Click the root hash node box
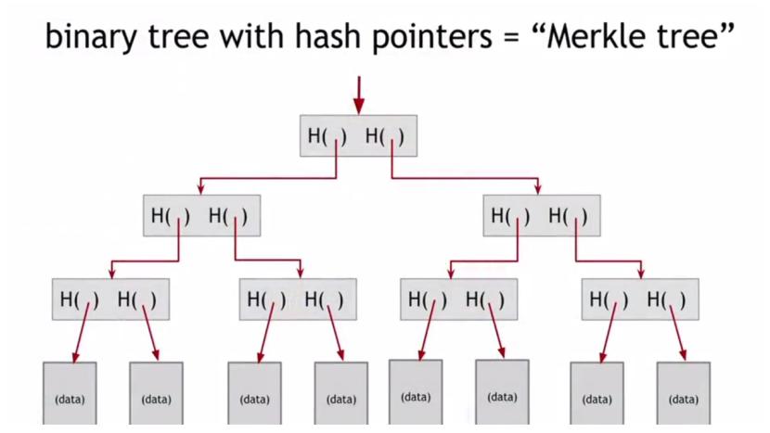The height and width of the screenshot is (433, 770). click(x=357, y=136)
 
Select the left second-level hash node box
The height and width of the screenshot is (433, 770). click(x=201, y=216)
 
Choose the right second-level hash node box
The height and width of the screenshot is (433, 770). click(x=542, y=216)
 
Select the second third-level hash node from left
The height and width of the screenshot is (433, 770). click(x=297, y=299)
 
